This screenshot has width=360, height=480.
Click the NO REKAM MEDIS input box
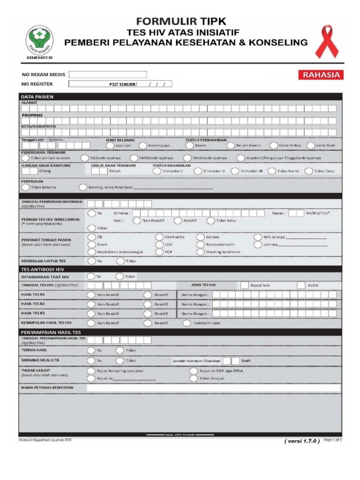108,74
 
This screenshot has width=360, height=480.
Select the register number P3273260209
123,84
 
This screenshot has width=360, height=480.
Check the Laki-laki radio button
109,145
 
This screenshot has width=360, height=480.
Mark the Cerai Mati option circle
311,145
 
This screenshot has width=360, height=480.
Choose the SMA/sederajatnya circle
187,158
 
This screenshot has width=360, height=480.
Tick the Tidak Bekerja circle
25,187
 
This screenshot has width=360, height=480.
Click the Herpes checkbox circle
201,237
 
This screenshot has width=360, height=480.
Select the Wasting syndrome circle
201,252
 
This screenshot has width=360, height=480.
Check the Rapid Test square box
244,285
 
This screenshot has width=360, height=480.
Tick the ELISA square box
301,285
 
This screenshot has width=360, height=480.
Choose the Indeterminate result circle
187,323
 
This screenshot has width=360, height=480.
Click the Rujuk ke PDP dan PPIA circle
194,371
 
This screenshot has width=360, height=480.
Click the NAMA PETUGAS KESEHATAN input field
213,388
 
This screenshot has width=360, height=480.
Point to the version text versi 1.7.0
302,441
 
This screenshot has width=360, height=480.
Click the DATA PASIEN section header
37,97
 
